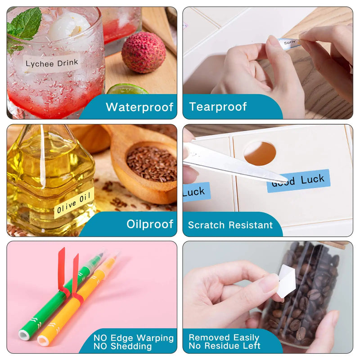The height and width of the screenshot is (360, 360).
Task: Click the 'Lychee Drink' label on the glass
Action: [x=52, y=63]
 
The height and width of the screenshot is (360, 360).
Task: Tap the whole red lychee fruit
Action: [x=144, y=52]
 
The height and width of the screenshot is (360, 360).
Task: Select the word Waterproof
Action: [x=139, y=107]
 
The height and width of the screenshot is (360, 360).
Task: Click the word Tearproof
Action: [x=218, y=107]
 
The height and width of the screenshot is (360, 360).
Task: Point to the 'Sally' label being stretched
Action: [x=289, y=43]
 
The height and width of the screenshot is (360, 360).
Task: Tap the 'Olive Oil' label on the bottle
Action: [x=74, y=203]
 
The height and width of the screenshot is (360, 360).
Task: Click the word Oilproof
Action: [x=150, y=224]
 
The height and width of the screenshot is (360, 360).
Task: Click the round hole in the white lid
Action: [x=260, y=153]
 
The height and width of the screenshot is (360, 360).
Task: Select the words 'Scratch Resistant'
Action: [x=230, y=225]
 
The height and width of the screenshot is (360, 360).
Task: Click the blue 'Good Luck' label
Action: [x=298, y=181]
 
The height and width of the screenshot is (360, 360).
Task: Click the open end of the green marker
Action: [x=24, y=335]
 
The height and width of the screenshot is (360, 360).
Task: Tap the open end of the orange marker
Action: [x=43, y=341]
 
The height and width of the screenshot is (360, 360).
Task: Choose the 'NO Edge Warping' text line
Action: [x=134, y=338]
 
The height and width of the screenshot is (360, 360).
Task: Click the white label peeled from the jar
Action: [x=287, y=281]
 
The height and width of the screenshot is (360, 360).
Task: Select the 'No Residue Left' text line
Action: [x=225, y=346]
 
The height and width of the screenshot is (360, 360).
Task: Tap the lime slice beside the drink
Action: [x=128, y=89]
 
